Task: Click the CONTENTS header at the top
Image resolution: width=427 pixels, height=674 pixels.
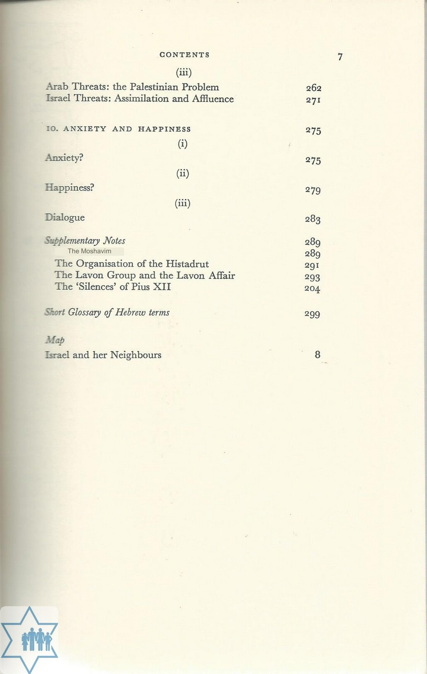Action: click(x=184, y=55)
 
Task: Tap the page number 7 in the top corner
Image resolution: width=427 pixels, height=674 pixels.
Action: click(x=340, y=57)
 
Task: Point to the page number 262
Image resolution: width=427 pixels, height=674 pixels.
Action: click(x=313, y=88)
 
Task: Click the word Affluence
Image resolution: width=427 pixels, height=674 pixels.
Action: click(x=213, y=99)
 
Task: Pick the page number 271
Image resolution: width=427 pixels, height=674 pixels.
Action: click(x=313, y=100)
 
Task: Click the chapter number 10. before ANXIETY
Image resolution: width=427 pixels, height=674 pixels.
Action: click(x=52, y=129)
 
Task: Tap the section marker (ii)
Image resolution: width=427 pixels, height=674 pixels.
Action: click(x=183, y=174)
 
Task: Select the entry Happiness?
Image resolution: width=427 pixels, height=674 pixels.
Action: click(x=69, y=188)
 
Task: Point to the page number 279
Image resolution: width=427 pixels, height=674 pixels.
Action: click(x=313, y=190)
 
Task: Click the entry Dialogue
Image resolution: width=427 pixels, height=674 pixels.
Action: click(x=65, y=218)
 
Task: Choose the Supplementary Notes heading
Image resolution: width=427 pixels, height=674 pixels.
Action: click(x=85, y=241)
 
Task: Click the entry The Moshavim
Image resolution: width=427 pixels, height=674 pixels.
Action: click(x=89, y=252)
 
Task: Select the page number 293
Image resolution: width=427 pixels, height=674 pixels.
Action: click(x=312, y=277)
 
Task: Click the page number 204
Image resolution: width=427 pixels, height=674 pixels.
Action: click(x=312, y=288)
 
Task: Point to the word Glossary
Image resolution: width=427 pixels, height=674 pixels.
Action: click(x=85, y=313)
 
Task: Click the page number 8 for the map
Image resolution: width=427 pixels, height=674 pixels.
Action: click(x=318, y=355)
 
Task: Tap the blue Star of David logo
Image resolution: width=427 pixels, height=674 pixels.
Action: click(x=29, y=639)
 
